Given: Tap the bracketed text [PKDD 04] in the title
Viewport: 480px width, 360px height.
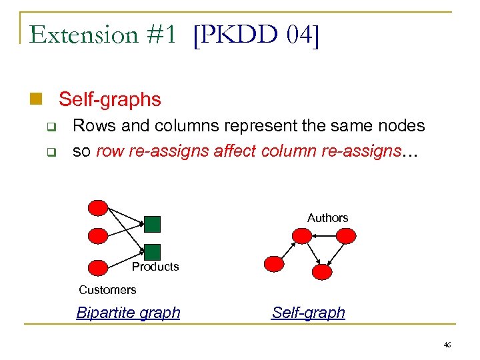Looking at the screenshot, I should click(256, 35).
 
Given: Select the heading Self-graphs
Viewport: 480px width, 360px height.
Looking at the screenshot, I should click(110, 100).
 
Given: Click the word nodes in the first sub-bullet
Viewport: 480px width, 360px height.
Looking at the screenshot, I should click(401, 125).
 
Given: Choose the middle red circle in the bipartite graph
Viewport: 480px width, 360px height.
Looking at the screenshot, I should click(98, 236).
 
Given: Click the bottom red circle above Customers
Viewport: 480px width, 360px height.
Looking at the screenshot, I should click(98, 268).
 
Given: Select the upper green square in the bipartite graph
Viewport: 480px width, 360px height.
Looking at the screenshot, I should click(153, 225).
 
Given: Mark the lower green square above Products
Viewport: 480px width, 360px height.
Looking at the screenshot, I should click(153, 251).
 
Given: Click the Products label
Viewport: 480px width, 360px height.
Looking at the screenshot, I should click(155, 267).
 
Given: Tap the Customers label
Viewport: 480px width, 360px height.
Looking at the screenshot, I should click(107, 290).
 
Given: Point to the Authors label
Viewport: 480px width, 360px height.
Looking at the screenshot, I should click(327, 218).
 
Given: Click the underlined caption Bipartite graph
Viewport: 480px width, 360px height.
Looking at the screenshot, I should click(128, 313).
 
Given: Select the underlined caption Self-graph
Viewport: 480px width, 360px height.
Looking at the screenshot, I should click(309, 313).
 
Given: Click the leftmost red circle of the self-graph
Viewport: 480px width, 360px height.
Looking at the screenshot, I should click(273, 264).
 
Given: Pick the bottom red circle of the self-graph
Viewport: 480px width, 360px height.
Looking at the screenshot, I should click(321, 271).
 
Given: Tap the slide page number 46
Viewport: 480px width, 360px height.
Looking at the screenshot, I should click(446, 345).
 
